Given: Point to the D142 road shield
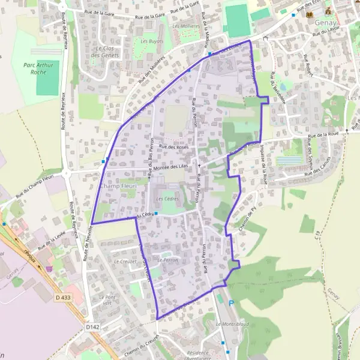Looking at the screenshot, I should coord(91,327).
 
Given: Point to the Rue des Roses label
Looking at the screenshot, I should coord(174,147).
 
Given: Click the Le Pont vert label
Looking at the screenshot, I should coord(106,300).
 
